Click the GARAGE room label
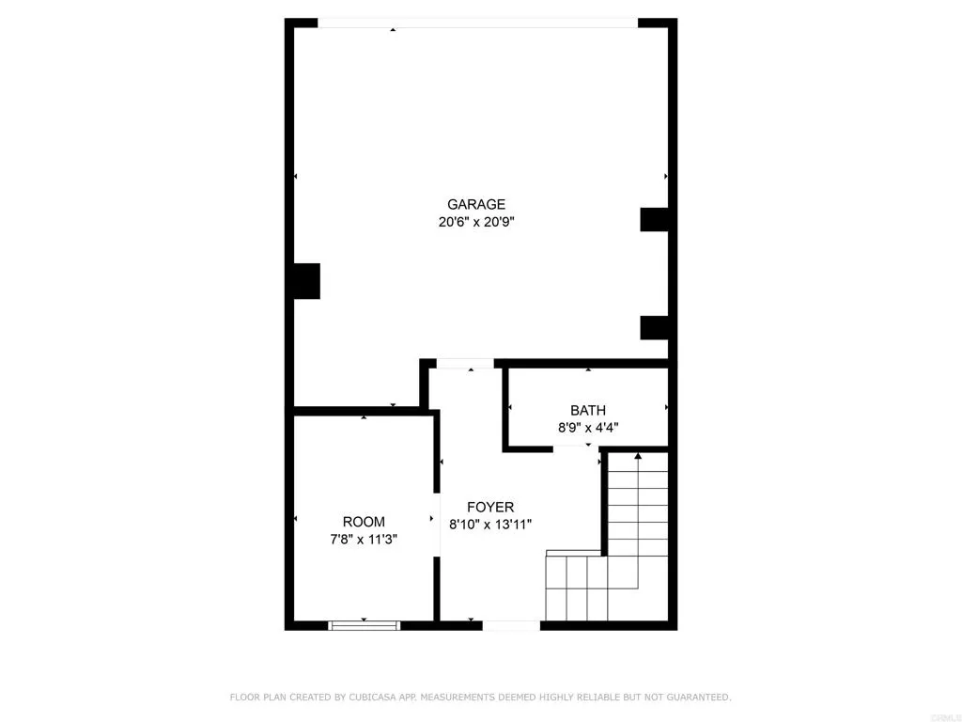coord(476,204)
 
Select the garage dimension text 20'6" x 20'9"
coord(476,223)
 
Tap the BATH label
coord(588,410)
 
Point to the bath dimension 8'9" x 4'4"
coord(588,428)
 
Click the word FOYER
coord(490,507)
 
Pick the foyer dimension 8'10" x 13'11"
coord(490,525)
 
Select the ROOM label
coord(364,522)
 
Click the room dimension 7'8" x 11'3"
coord(364,540)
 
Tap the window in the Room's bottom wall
coord(365,624)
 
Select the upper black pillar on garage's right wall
coord(655,219)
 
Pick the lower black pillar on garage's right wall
coord(655,327)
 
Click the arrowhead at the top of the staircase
coord(638,456)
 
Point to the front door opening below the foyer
coord(512,625)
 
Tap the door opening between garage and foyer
coord(465,364)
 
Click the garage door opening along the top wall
coord(477,24)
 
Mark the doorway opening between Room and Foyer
coord(437,524)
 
